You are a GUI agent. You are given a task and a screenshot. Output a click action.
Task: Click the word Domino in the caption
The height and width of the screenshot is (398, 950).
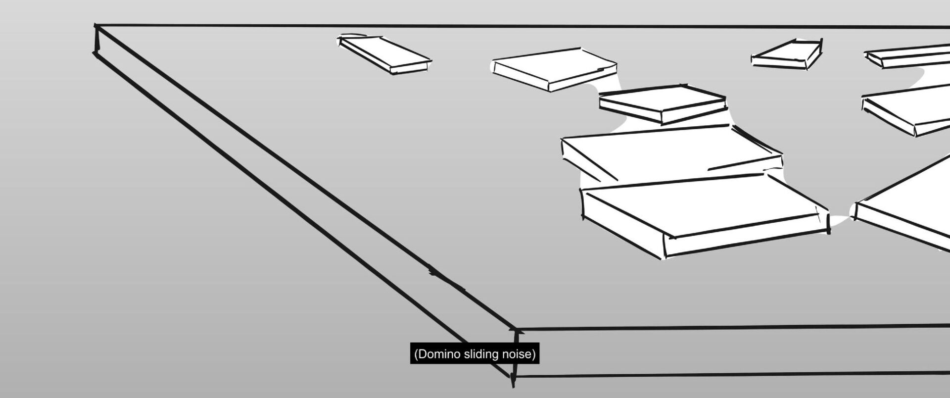pyautogui.click(x=437, y=354)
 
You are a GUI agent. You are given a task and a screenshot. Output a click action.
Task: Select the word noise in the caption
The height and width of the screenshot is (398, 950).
pyautogui.click(x=519, y=354)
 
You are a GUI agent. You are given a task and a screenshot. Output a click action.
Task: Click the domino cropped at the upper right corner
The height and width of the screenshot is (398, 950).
pyautogui.click(x=910, y=55)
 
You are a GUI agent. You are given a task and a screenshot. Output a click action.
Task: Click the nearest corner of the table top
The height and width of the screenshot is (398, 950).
pyautogui.click(x=516, y=329)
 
